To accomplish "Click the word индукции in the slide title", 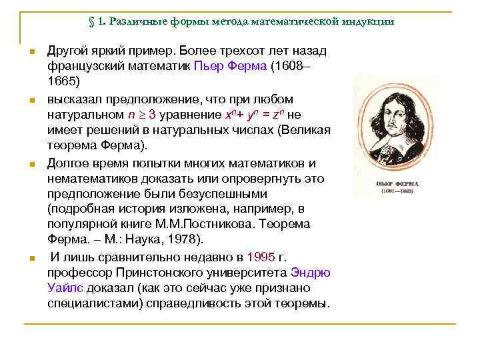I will pyautogui.click(x=369, y=21).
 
